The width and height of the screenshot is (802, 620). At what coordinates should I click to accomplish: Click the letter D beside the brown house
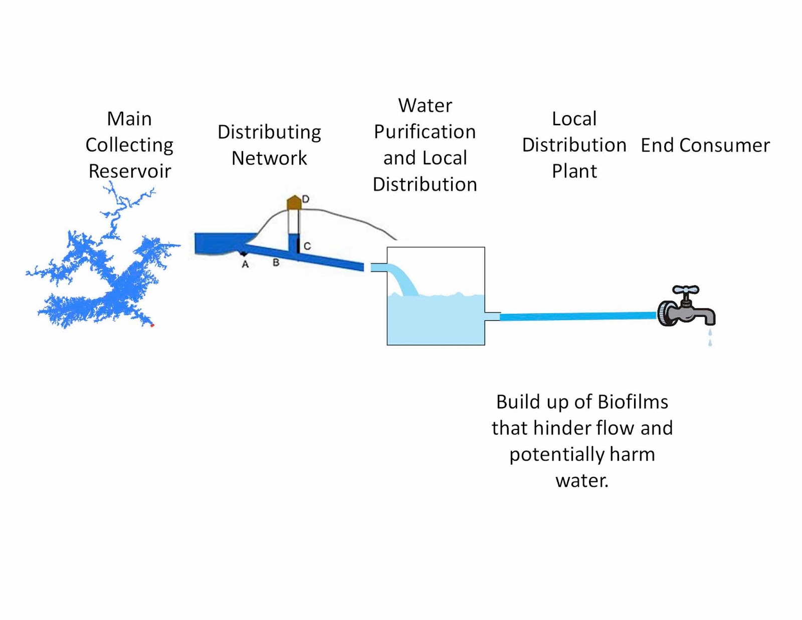pos(306,199)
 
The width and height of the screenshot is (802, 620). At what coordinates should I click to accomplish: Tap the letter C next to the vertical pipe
pos(307,246)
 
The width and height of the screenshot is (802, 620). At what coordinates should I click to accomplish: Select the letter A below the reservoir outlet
pos(245,264)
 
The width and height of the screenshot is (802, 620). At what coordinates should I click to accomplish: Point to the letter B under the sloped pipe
pos(276,262)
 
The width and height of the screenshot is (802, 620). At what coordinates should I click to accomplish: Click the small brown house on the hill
pos(294,202)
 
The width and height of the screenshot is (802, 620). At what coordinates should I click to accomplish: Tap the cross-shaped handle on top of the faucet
pos(685,290)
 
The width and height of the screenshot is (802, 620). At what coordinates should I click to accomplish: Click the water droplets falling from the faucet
pos(710,337)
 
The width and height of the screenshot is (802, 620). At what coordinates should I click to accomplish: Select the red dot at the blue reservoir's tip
pos(152,325)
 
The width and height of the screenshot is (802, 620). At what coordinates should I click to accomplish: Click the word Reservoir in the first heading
pos(130,171)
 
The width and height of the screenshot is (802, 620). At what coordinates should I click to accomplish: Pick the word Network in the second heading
pos(269,158)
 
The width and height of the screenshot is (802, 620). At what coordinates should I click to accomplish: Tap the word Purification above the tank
pos(425,132)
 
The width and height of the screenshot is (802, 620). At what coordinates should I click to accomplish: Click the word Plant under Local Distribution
pos(574,171)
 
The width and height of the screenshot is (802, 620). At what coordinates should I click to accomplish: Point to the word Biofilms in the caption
pos(633,402)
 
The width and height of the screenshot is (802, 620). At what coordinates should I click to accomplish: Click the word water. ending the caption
pos(582,480)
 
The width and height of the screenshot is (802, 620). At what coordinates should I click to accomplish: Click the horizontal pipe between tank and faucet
pos(576,316)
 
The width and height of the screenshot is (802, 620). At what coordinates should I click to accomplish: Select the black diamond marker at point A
pos(244,254)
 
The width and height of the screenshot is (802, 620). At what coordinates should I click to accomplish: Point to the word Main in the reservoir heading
pos(129,119)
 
